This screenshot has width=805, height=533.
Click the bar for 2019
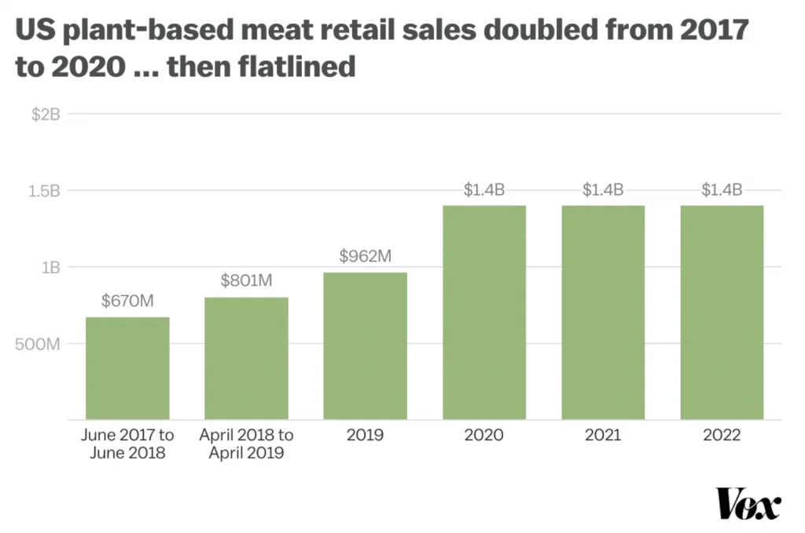coord(365,346)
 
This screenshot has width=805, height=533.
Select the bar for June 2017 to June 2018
coord(127,368)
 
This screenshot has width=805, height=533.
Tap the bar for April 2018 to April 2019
coord(246,358)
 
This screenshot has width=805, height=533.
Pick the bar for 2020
coord(483,312)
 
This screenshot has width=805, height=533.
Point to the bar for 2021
coord(603,312)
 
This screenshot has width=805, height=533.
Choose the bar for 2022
coord(722,312)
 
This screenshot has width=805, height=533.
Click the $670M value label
coord(127,300)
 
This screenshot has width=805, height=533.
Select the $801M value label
coord(246,281)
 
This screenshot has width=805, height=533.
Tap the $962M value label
coord(365,256)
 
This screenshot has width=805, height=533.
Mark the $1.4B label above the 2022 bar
coord(722,189)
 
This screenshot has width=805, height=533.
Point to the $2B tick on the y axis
coord(46,114)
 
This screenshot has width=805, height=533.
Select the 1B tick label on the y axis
coord(50,267)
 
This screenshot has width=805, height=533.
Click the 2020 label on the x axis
coord(483,435)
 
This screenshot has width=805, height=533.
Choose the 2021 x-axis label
coord(603,435)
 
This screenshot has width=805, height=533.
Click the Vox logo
coord(748,503)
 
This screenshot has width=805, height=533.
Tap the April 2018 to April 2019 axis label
coord(246,443)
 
